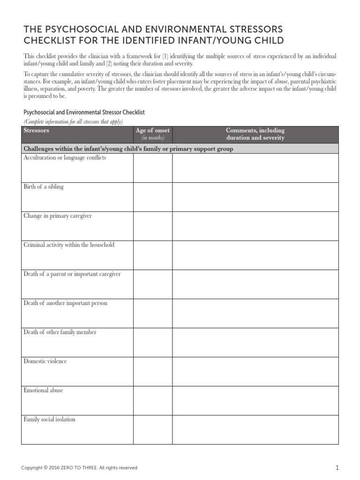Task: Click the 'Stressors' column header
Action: [37, 130]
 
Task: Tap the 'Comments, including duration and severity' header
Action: [255, 134]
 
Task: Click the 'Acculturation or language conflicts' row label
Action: [65, 158]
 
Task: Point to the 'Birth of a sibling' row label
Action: [44, 187]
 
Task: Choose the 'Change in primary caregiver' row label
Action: [58, 216]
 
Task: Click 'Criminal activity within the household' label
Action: [69, 245]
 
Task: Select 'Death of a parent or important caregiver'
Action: [72, 274]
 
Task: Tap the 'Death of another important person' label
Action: [65, 303]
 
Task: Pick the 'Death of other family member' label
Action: [60, 332]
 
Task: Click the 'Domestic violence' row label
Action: [45, 361]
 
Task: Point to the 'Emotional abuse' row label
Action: [43, 390]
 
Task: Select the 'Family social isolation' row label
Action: [49, 420]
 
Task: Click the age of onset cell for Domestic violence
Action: [152, 371]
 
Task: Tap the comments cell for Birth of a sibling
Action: [255, 197]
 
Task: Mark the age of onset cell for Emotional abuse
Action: [152, 400]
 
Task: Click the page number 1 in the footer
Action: [337, 467]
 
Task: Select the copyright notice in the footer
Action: [80, 468]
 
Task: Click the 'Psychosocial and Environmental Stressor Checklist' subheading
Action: [84, 112]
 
